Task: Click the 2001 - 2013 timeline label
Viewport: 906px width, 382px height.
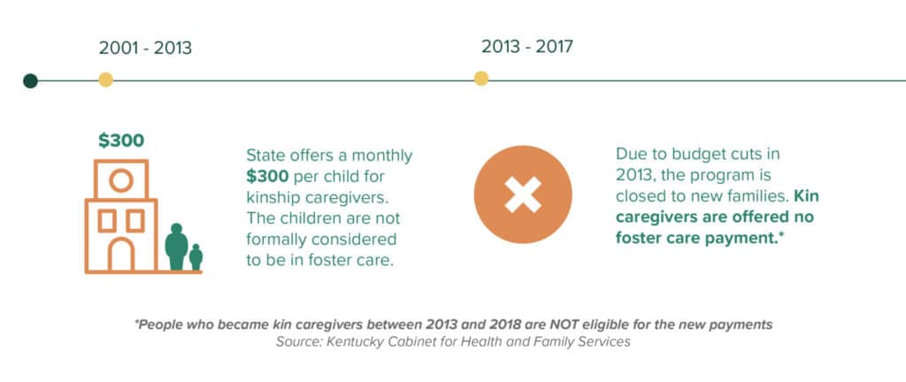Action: pyautogui.click(x=145, y=49)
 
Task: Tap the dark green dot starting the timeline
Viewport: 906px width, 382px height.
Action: pyautogui.click(x=30, y=81)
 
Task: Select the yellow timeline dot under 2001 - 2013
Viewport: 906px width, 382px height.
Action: pyautogui.click(x=105, y=80)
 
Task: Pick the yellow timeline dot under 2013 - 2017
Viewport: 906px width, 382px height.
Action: pyautogui.click(x=481, y=79)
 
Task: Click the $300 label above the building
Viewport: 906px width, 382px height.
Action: pyautogui.click(x=121, y=140)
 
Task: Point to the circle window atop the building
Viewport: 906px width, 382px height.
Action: pyautogui.click(x=120, y=180)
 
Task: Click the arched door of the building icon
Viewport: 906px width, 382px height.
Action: pyautogui.click(x=120, y=255)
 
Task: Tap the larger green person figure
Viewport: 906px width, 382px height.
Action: pyautogui.click(x=177, y=246)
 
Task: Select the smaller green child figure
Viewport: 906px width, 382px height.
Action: pyautogui.click(x=196, y=256)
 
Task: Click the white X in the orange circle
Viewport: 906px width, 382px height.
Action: pyautogui.click(x=523, y=194)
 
